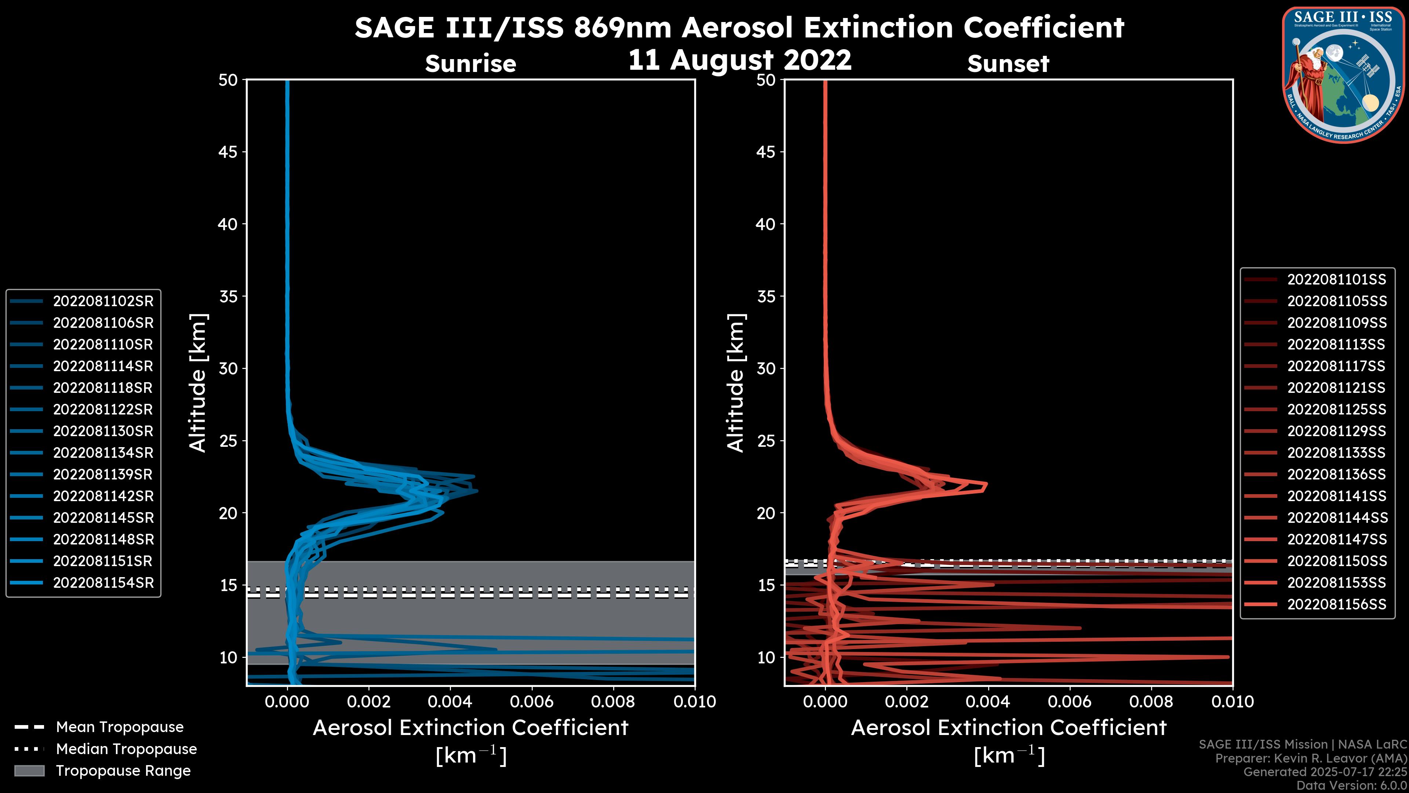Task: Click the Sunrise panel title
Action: [470, 64]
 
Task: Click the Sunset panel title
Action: [1008, 64]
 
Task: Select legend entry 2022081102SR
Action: [103, 301]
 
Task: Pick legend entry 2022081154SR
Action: [103, 583]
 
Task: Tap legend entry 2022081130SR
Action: [103, 431]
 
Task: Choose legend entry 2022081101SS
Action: [1336, 280]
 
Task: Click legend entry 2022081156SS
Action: [1336, 604]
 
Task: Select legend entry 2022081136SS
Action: [1336, 474]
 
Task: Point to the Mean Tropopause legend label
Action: [120, 727]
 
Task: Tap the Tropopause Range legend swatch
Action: [29, 771]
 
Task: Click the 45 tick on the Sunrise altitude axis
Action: [228, 152]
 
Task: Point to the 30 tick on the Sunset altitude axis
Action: [766, 368]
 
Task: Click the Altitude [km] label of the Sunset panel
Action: [736, 383]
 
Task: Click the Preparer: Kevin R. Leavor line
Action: [1311, 758]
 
